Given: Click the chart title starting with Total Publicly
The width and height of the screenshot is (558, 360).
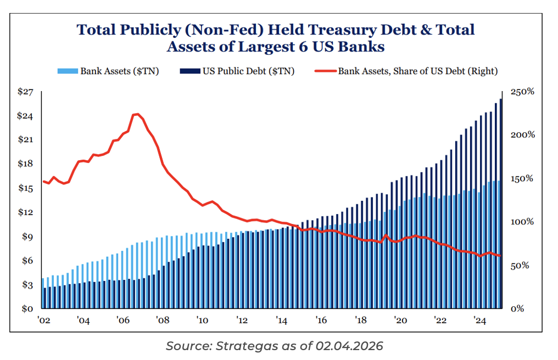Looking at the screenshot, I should click(276, 37).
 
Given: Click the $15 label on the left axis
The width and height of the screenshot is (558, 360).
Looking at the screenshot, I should click(25, 188).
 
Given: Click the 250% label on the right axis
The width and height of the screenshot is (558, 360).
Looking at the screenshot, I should click(522, 92).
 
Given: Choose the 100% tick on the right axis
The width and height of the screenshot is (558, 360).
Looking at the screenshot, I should click(522, 222).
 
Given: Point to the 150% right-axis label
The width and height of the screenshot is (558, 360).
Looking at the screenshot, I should click(522, 178).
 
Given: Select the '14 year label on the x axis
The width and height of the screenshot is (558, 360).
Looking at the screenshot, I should click(281, 320).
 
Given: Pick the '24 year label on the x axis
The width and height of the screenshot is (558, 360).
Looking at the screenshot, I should click(479, 320).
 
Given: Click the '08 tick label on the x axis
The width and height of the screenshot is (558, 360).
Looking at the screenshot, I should click(163, 320).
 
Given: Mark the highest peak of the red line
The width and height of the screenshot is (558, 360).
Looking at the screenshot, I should click(137, 114).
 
